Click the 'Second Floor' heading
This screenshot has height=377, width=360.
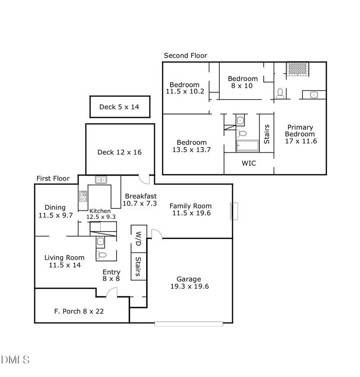(185, 55)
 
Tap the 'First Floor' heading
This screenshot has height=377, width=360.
(53, 178)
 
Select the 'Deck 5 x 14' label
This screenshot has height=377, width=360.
(119, 107)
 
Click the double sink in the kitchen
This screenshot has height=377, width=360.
(101, 180)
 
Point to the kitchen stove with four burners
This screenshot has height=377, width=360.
(83, 196)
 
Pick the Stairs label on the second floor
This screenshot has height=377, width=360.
(266, 134)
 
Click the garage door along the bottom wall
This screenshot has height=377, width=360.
(189, 323)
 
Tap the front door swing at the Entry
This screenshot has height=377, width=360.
(111, 292)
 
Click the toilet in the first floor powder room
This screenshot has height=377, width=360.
(102, 255)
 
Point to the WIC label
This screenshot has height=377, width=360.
(249, 163)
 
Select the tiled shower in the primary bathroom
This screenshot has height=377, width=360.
(297, 68)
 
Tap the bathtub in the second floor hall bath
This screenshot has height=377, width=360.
(247, 146)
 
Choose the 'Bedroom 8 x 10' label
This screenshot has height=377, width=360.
(243, 82)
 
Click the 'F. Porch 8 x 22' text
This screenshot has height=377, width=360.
(79, 311)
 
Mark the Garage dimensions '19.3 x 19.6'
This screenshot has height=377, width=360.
(189, 286)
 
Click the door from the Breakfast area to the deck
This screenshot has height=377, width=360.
(144, 179)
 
